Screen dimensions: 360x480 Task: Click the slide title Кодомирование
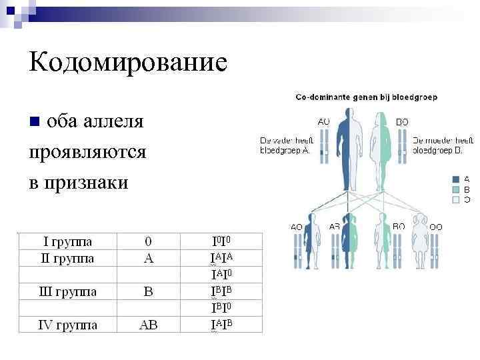click(x=128, y=63)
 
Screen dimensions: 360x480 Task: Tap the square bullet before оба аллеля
click(x=35, y=122)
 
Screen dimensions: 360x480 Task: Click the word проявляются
click(x=87, y=152)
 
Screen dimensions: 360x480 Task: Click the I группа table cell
click(x=67, y=241)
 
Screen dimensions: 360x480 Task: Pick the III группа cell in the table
click(x=67, y=291)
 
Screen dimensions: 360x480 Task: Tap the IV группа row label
click(x=67, y=325)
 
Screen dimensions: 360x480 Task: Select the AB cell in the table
click(x=149, y=325)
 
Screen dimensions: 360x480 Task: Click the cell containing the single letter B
click(x=149, y=291)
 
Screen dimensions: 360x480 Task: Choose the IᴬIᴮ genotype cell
click(x=222, y=325)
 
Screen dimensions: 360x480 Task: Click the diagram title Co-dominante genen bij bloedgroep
click(x=366, y=97)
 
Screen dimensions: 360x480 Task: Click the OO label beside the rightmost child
click(x=436, y=227)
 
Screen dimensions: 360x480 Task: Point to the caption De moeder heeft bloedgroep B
click(x=443, y=145)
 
